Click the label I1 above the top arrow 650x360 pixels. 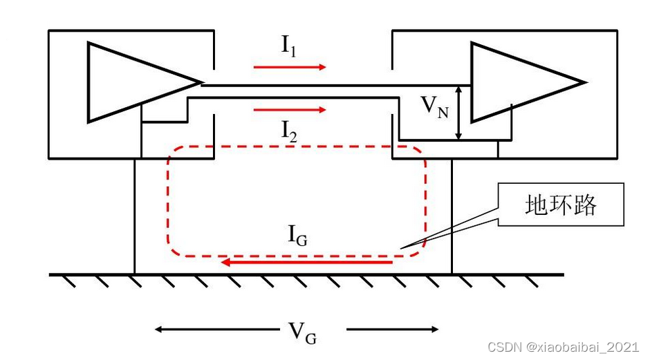click(x=289, y=46)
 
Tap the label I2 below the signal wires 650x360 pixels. click(x=289, y=129)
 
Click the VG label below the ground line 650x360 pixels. click(x=303, y=332)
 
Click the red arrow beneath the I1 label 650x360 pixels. click(x=289, y=67)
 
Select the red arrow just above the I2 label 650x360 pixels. click(x=289, y=110)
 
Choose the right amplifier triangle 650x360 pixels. click(x=519, y=82)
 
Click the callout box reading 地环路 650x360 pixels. click(x=560, y=205)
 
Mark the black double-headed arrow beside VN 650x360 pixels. click(x=459, y=112)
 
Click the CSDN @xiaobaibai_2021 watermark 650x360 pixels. click(x=564, y=347)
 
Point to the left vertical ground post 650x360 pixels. click(x=134, y=216)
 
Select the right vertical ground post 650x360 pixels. click(x=452, y=216)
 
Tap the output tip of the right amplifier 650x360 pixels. click(x=585, y=82)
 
